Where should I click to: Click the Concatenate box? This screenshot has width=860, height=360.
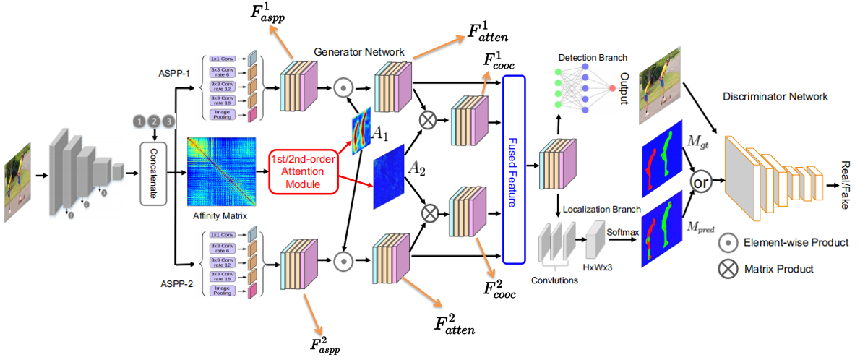(x=152, y=173)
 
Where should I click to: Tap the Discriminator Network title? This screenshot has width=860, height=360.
(x=775, y=95)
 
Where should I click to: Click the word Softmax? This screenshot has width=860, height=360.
(x=619, y=233)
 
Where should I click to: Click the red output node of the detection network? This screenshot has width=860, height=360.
(x=612, y=87)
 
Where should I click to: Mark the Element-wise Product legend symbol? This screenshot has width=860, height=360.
(x=726, y=242)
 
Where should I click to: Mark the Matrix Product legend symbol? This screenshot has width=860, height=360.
(x=726, y=269)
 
